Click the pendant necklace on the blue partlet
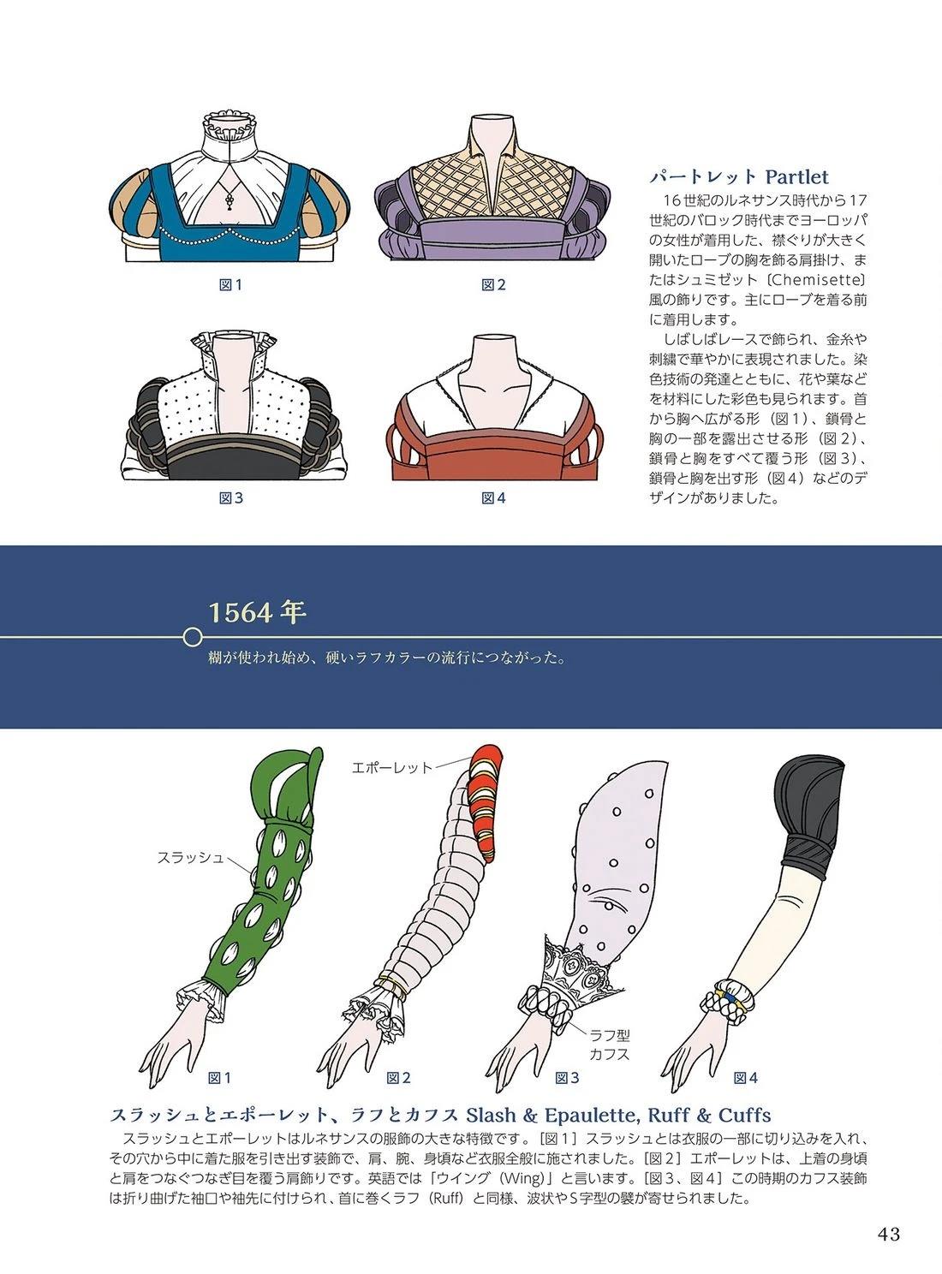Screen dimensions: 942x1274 [x=230, y=194]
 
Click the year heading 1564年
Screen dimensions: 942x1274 [x=257, y=613]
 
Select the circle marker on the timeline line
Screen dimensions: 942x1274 [x=194, y=637]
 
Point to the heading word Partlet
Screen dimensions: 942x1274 [x=797, y=176]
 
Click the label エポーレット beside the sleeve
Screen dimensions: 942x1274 [x=391, y=767]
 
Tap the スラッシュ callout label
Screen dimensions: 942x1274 [x=190, y=858]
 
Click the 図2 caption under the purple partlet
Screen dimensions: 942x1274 [x=493, y=285]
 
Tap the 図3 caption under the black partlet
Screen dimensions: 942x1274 [x=231, y=498]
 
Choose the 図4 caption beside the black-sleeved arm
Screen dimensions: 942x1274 [x=745, y=1078]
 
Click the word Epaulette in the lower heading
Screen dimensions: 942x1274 [x=592, y=1116]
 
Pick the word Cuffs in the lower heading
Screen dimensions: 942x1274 [x=744, y=1116]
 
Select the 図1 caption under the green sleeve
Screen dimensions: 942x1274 [x=219, y=1078]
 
